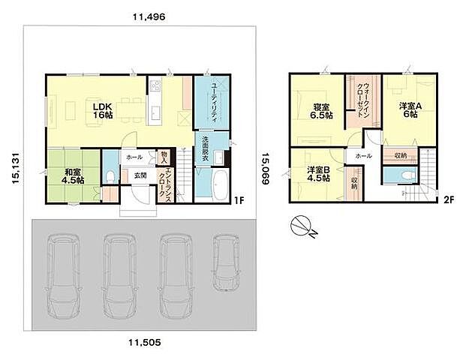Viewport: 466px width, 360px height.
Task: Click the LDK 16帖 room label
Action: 103,110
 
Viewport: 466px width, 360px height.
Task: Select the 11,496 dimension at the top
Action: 149,16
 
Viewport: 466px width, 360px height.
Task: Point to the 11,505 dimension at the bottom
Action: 145,342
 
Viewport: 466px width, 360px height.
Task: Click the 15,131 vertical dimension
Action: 16,169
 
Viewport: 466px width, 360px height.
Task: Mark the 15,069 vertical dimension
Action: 266,169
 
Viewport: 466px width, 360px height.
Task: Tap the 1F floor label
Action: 239,200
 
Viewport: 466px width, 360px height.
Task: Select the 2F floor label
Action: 449,200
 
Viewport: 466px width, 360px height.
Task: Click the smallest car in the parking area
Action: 226,262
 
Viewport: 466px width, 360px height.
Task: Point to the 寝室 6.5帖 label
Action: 322,110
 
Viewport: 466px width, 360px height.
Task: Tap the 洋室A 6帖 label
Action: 410,110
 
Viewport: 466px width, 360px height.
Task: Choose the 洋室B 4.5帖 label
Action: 319,174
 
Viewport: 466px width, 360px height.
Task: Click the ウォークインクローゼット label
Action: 363,100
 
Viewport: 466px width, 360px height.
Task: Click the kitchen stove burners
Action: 155,85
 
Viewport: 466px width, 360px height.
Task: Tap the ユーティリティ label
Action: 213,102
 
